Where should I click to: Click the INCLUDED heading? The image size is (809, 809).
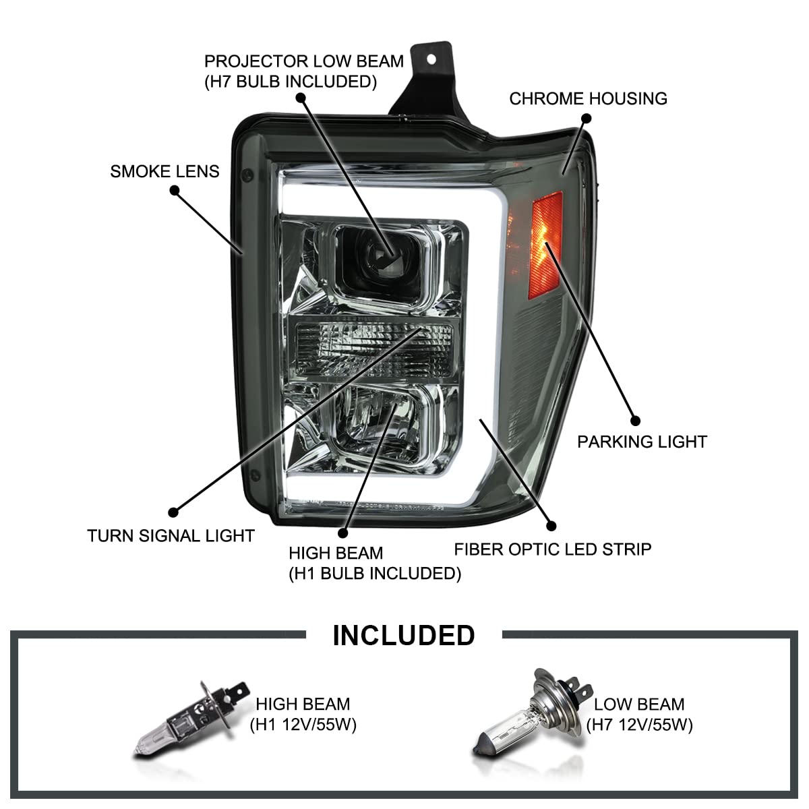pyautogui.click(x=403, y=635)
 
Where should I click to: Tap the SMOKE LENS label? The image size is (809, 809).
pyautogui.click(x=164, y=171)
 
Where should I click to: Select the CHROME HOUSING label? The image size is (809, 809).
pyautogui.click(x=588, y=98)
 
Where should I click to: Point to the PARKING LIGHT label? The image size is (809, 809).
pyautogui.click(x=642, y=442)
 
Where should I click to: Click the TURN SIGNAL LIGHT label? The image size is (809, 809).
pyautogui.click(x=171, y=536)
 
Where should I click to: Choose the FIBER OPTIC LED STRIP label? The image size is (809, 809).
pyautogui.click(x=552, y=549)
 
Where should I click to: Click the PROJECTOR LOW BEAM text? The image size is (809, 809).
pyautogui.click(x=303, y=61)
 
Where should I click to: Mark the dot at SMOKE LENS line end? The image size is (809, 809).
pyautogui.click(x=175, y=191)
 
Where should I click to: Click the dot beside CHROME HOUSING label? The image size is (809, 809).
pyautogui.click(x=586, y=118)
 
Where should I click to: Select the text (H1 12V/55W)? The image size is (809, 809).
pyautogui.click(x=303, y=725)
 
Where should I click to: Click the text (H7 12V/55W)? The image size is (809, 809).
pyautogui.click(x=639, y=725)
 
